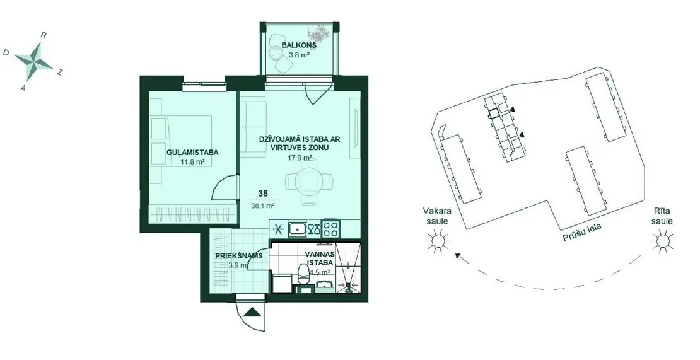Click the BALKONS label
(x=299, y=45)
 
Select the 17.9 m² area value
(x=300, y=157)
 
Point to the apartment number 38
(x=263, y=194)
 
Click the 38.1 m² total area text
(x=263, y=206)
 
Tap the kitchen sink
(x=296, y=229)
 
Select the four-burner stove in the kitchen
(x=331, y=229)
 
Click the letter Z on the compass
(x=59, y=73)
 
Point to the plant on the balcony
(x=318, y=33)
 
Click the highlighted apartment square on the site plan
(x=493, y=113)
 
